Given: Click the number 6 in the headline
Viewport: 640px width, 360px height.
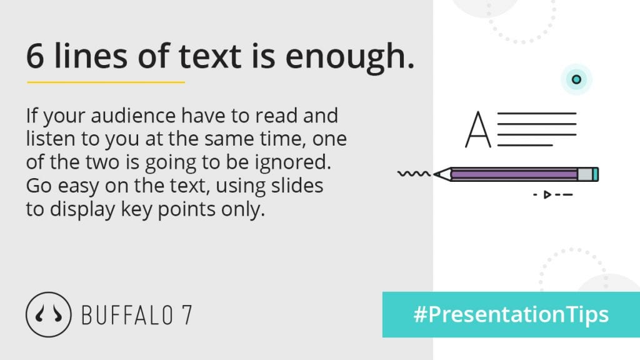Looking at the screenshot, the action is (x=35, y=56).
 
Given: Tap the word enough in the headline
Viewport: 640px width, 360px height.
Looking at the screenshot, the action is (x=350, y=57).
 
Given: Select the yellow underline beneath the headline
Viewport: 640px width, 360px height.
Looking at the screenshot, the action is (x=106, y=82).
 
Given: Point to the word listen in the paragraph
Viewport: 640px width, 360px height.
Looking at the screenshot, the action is (x=50, y=139).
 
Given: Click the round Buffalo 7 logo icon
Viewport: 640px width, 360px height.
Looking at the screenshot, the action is (x=48, y=314).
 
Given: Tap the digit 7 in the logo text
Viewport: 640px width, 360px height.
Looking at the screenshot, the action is (x=187, y=315).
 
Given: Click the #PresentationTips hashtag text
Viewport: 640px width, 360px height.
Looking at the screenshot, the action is (x=511, y=315).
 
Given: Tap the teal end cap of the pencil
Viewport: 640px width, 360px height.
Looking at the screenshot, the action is (x=596, y=174).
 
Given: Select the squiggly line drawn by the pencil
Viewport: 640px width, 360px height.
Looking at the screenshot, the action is (x=414, y=174).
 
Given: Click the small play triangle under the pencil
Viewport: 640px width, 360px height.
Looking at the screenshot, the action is (x=547, y=195).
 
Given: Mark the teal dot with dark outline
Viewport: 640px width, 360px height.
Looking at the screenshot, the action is (x=576, y=79).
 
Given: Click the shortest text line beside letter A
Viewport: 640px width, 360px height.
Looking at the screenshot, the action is (x=525, y=145).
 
